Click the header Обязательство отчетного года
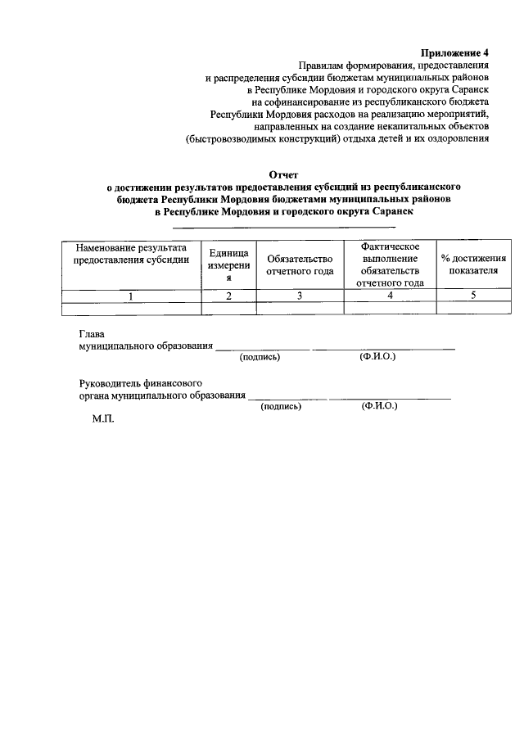click(x=300, y=264)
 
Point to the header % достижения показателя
click(x=473, y=264)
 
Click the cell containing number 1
click(x=132, y=296)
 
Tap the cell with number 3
click(x=300, y=296)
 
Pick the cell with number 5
click(x=473, y=296)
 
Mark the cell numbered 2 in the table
click(x=229, y=296)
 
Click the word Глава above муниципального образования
click(x=93, y=334)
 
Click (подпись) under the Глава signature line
click(x=260, y=358)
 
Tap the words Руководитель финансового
click(x=141, y=383)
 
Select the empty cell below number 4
click(x=390, y=309)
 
